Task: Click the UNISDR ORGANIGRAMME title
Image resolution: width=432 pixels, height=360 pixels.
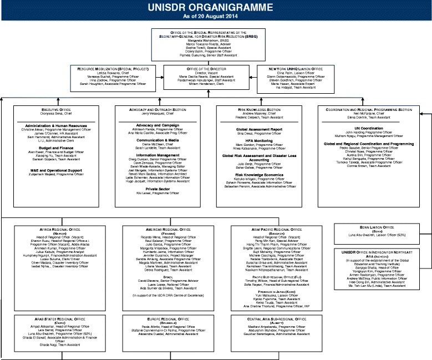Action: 216,8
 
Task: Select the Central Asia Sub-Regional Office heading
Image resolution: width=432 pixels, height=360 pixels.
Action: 270,320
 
